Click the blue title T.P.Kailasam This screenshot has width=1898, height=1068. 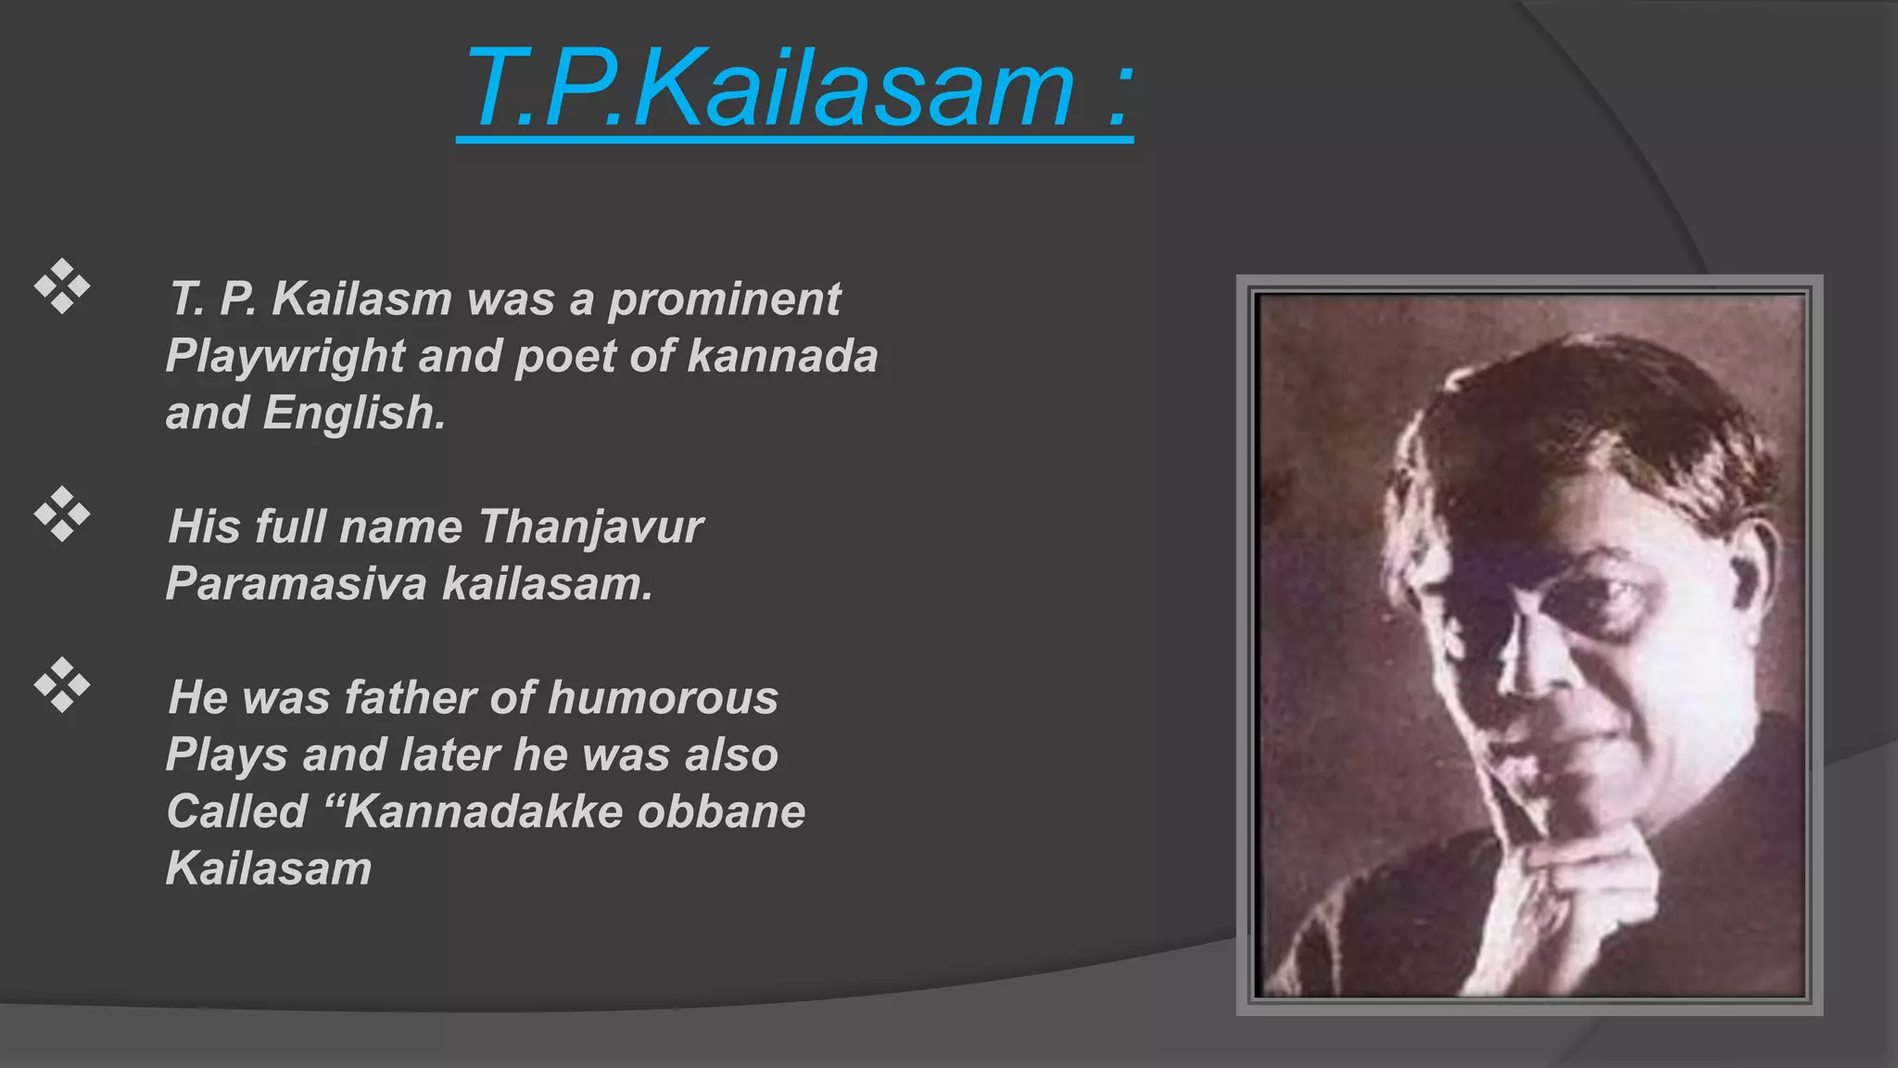point(769,91)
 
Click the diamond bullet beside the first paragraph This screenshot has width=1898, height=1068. point(62,286)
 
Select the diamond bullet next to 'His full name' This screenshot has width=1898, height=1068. point(62,514)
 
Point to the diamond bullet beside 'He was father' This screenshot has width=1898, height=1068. point(62,685)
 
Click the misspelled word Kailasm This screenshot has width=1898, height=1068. point(361,299)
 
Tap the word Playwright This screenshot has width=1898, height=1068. point(285,358)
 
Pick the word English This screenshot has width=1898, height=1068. point(354,413)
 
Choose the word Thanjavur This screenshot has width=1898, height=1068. point(590,528)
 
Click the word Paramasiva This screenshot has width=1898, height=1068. point(296,584)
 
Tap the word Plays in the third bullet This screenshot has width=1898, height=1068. point(226,756)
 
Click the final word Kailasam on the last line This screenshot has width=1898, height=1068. point(269,870)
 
